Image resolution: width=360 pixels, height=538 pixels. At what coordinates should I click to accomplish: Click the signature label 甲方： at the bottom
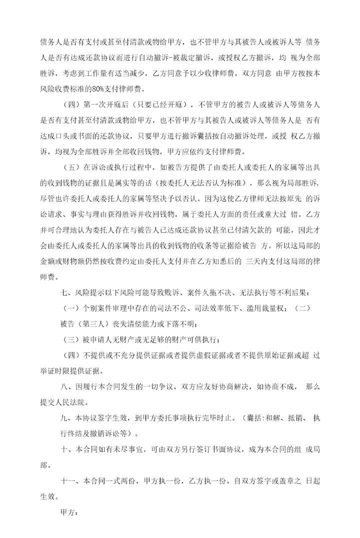point(69,513)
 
